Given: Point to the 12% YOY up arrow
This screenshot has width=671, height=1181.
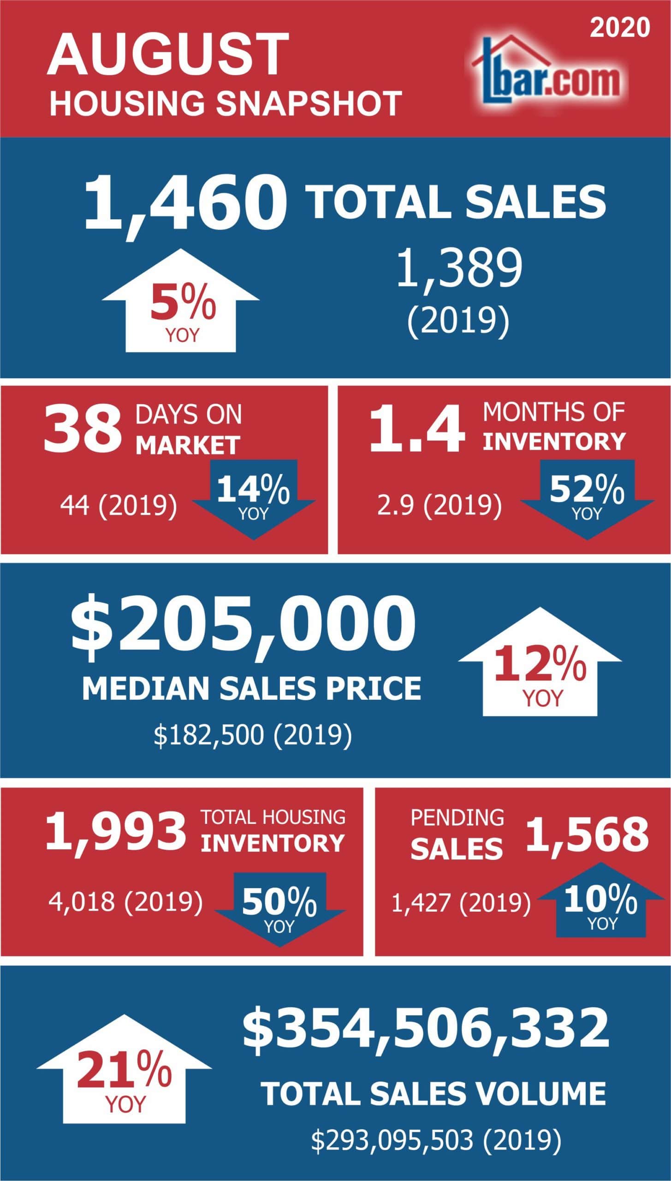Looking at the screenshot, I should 540,665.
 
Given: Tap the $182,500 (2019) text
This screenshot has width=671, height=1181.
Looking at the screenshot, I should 253,734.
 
